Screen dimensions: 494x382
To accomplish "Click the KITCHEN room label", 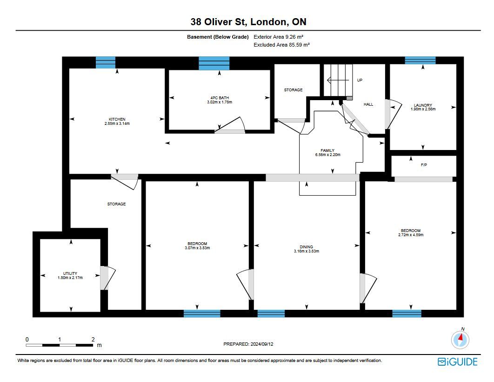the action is pyautogui.click(x=117, y=119).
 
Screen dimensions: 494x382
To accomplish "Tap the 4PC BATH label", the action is pyautogui.click(x=220, y=98).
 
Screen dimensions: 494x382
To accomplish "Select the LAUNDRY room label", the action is pyautogui.click(x=423, y=105).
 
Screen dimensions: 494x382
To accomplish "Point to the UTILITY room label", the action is pyautogui.click(x=70, y=273).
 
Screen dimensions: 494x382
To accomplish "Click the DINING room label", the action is pyautogui.click(x=306, y=247).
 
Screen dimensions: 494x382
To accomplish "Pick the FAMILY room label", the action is pyautogui.click(x=327, y=150).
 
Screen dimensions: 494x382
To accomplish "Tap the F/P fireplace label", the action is pyautogui.click(x=424, y=165).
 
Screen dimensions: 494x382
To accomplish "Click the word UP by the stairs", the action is pyautogui.click(x=360, y=80).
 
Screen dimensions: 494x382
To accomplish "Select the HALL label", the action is pyautogui.click(x=368, y=104).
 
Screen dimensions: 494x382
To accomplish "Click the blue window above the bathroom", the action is pyautogui.click(x=214, y=63).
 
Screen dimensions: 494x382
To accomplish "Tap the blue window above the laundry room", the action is pyautogui.click(x=420, y=60).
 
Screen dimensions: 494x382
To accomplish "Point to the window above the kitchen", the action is pyautogui.click(x=106, y=62).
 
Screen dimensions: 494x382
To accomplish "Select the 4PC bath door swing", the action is pyautogui.click(x=230, y=124).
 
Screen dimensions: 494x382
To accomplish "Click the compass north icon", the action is pyautogui.click(x=461, y=339).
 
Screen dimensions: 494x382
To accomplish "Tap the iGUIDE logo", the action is pyautogui.click(x=457, y=362).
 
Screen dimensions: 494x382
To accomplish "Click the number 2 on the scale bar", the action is pyautogui.click(x=93, y=340).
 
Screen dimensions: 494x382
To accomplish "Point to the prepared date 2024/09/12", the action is pyautogui.click(x=262, y=344).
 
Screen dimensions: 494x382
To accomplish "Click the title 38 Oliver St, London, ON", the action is pyautogui.click(x=248, y=22).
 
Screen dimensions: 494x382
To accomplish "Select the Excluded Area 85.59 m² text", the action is pyautogui.click(x=282, y=45).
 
